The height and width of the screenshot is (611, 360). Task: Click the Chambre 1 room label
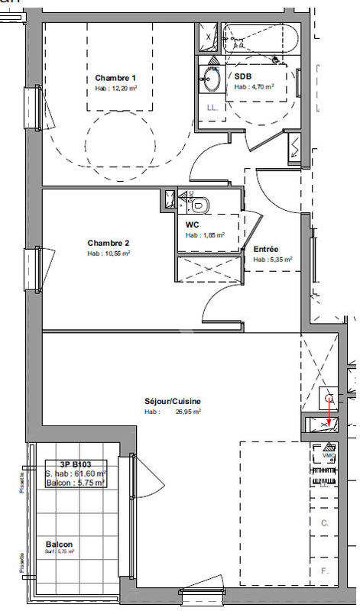(x=115, y=78)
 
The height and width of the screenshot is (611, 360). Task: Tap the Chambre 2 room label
(x=108, y=243)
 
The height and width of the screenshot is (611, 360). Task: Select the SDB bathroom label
(x=242, y=76)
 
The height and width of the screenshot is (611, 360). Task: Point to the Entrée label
(x=266, y=249)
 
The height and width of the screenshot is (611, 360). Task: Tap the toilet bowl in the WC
(x=200, y=205)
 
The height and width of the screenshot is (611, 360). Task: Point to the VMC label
(x=329, y=456)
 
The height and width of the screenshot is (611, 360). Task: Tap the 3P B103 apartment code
(x=76, y=464)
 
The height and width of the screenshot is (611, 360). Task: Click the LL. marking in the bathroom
(x=212, y=108)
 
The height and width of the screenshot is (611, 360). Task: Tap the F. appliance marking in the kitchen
(x=324, y=571)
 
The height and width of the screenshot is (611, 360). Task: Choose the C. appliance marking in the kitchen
(x=324, y=523)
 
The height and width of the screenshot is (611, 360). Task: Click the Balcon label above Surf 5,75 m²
(x=59, y=544)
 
